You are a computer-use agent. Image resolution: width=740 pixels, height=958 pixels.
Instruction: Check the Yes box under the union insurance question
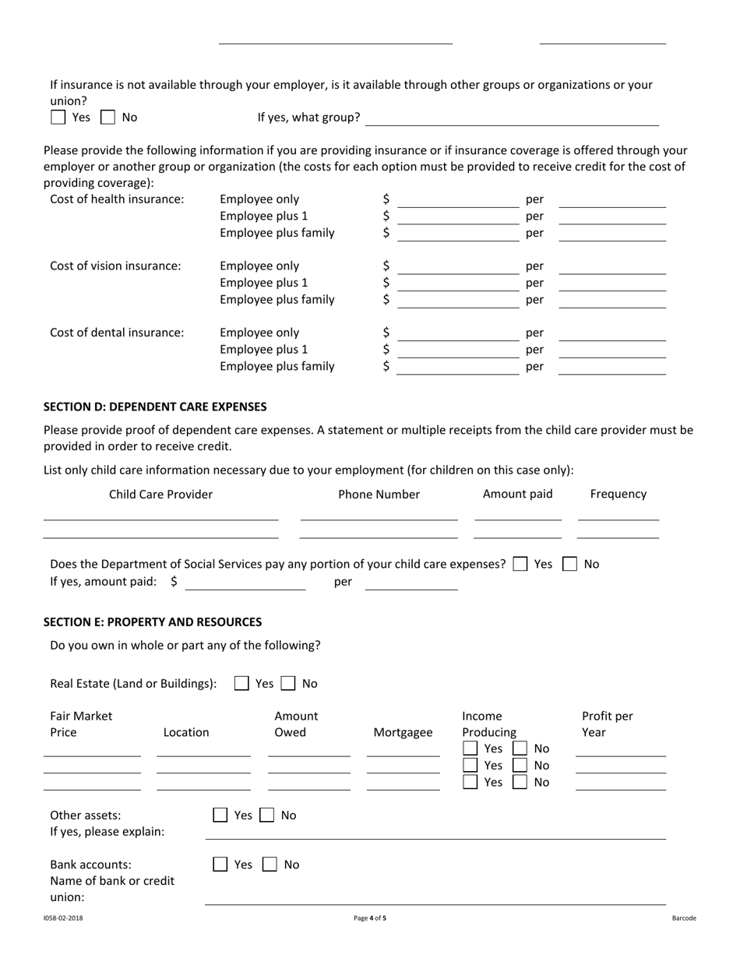pyautogui.click(x=58, y=118)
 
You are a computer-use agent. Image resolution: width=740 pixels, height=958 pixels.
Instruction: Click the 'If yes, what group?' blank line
pyautogui.click(x=512, y=118)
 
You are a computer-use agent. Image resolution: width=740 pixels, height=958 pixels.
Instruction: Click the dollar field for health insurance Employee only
pyautogui.click(x=457, y=201)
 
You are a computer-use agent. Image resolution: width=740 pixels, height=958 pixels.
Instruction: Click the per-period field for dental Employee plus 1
pyautogui.click(x=612, y=350)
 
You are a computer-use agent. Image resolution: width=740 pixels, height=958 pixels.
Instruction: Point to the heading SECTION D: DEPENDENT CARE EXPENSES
pyautogui.click(x=155, y=407)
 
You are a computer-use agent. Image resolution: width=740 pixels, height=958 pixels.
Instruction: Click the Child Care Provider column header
pyautogui.click(x=160, y=494)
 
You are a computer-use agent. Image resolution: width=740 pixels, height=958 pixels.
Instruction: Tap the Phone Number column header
pyautogui.click(x=379, y=494)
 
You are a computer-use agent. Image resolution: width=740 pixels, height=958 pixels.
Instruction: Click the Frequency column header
pyautogui.click(x=618, y=494)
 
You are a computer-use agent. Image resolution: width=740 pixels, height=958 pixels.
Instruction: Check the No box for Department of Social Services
pyautogui.click(x=570, y=564)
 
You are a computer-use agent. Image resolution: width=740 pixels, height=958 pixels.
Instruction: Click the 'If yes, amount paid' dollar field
pyautogui.click(x=245, y=583)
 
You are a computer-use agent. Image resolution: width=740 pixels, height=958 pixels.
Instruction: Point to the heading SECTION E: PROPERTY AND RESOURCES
pyautogui.click(x=153, y=622)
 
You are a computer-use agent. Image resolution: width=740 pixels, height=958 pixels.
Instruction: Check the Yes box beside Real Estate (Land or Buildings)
pyautogui.click(x=241, y=683)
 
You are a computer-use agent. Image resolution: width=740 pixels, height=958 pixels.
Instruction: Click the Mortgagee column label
pyautogui.click(x=403, y=732)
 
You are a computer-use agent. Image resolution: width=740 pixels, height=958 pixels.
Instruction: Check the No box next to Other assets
pyautogui.click(x=266, y=815)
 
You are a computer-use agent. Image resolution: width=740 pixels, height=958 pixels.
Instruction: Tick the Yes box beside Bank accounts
pyautogui.click(x=220, y=864)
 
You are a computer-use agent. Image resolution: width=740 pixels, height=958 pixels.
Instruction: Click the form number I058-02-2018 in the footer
pyautogui.click(x=63, y=918)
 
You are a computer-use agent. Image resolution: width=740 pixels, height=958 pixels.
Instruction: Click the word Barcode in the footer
pyautogui.click(x=684, y=918)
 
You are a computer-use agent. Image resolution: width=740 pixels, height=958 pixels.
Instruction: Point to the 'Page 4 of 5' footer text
pyautogui.click(x=369, y=918)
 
